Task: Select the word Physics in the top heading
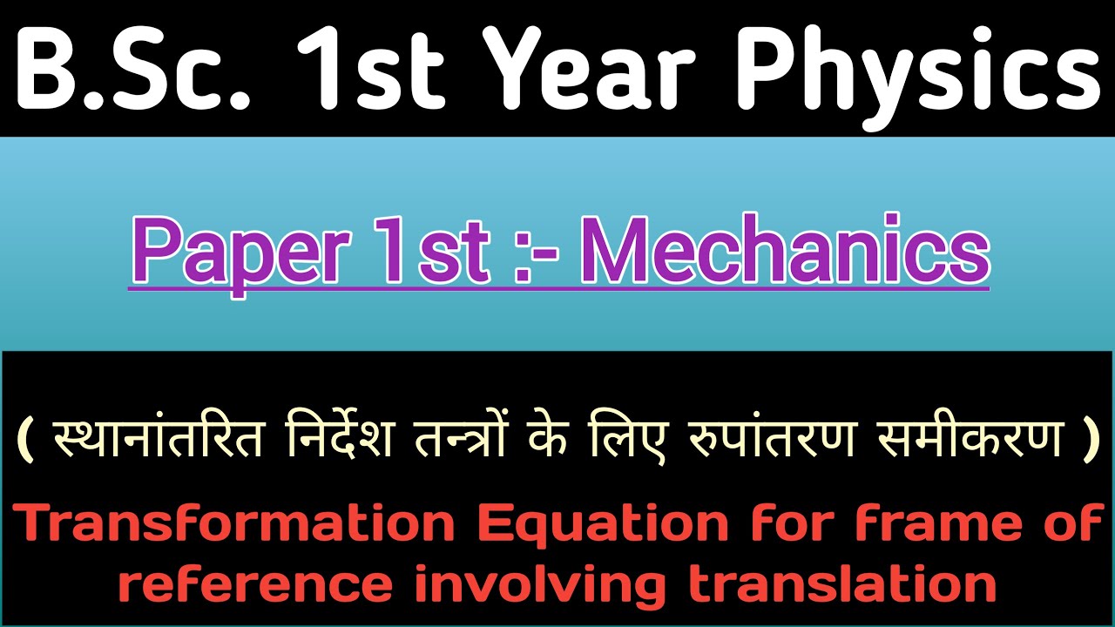pos(916,70)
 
